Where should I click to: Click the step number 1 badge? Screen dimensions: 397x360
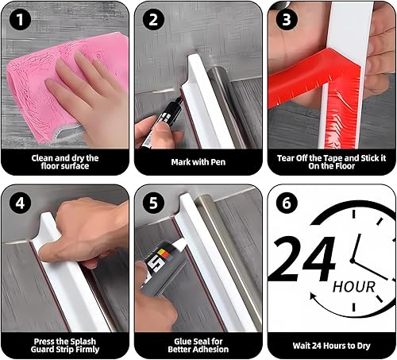[20, 19]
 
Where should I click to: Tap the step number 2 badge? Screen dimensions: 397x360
[153, 19]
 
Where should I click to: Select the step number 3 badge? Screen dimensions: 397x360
[287, 19]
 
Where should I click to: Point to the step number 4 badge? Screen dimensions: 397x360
[20, 203]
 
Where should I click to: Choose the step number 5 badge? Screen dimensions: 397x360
[153, 203]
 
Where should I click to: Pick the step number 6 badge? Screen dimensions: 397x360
[287, 203]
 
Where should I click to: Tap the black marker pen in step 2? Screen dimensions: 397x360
[162, 122]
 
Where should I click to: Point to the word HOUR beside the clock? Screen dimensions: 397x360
[354, 287]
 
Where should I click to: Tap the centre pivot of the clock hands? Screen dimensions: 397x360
[352, 261]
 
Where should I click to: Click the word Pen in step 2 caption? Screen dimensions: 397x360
[218, 162]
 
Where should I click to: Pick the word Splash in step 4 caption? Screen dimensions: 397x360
[82, 342]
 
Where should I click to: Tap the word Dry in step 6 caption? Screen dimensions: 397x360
[362, 346]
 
